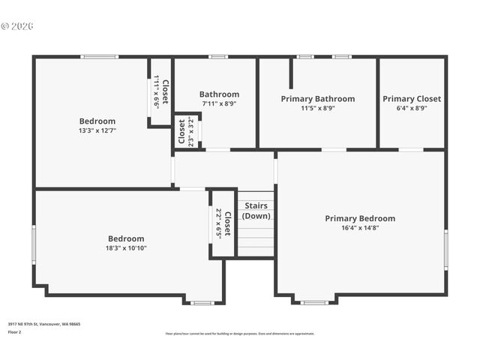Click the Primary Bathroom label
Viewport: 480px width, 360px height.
(x=317, y=98)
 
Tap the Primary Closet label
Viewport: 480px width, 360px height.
(x=412, y=98)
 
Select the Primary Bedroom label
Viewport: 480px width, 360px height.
(x=360, y=218)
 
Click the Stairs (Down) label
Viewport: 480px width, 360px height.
(x=256, y=210)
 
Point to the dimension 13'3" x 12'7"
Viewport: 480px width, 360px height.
(x=97, y=130)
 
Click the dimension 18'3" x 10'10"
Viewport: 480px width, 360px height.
(x=125, y=248)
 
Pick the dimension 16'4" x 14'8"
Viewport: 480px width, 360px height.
(x=360, y=228)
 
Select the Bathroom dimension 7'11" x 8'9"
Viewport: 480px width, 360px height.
(x=219, y=104)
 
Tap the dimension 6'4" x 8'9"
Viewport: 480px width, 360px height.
(x=412, y=108)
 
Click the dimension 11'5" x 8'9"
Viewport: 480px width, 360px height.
(x=317, y=108)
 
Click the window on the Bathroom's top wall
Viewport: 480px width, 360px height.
(x=218, y=56)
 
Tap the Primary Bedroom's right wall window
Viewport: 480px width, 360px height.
(x=445, y=250)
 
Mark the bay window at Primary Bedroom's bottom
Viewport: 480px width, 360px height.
(x=314, y=302)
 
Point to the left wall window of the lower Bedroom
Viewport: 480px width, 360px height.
(x=33, y=244)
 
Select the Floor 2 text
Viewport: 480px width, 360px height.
(x=15, y=331)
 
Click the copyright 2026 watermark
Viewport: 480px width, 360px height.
(x=17, y=26)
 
